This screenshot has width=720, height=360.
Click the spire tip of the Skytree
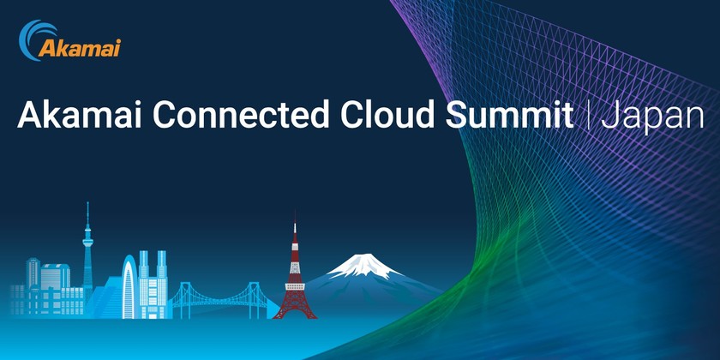pos(87,206)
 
